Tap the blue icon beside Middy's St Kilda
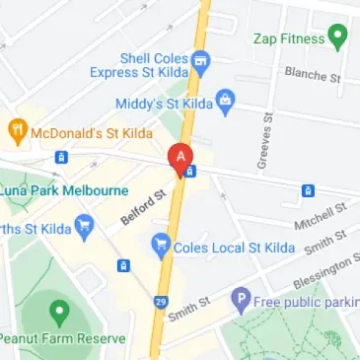tap(226, 99)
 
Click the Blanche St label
tap(312, 74)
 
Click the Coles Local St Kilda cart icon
tap(160, 245)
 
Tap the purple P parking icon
tap(240, 299)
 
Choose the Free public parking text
tap(305, 300)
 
